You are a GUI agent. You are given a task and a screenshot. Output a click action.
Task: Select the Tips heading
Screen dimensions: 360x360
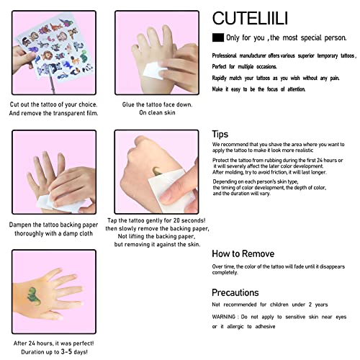(x=220, y=134)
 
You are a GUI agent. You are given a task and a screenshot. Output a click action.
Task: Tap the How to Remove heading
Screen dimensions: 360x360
(x=242, y=253)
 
